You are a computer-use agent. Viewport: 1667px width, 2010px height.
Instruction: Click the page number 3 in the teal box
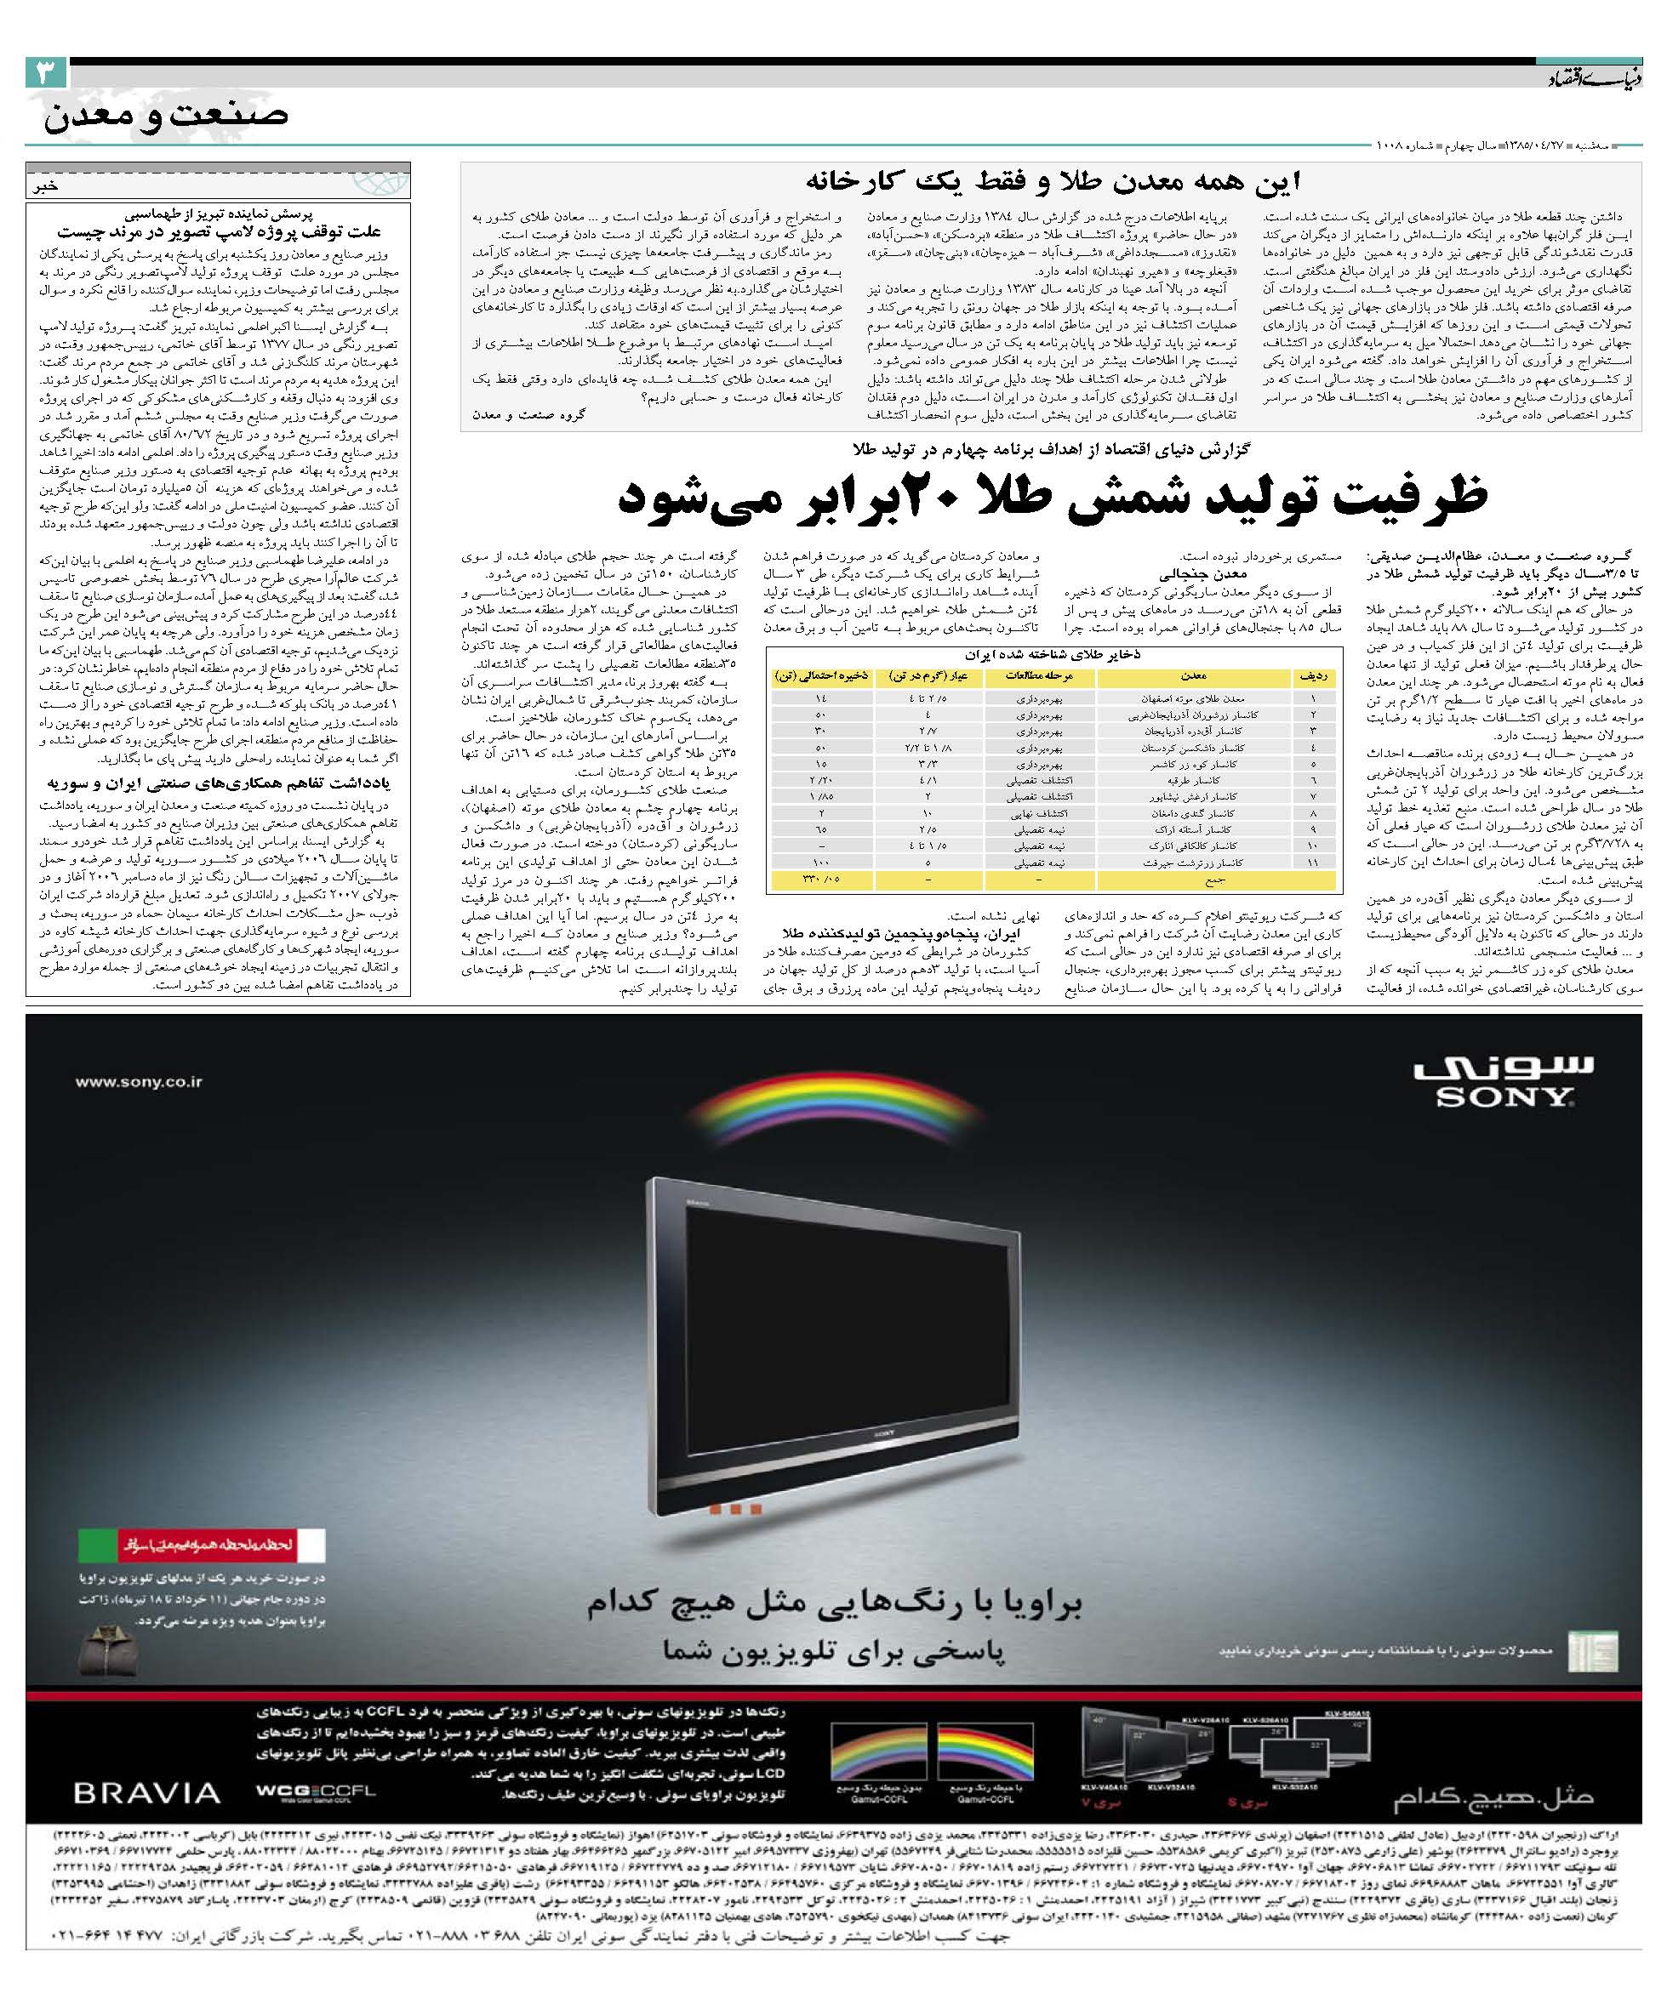coord(46,75)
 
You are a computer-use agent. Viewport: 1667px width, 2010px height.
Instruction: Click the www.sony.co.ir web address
coord(140,1083)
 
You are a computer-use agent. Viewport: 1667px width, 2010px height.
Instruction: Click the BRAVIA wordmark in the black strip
coord(161,1791)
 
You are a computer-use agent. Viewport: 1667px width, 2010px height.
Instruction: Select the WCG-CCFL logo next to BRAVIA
coord(305,1791)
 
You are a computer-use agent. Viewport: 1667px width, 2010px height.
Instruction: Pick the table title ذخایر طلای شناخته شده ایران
coord(1054,655)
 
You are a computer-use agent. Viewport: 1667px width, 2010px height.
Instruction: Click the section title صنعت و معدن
coord(165,115)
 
